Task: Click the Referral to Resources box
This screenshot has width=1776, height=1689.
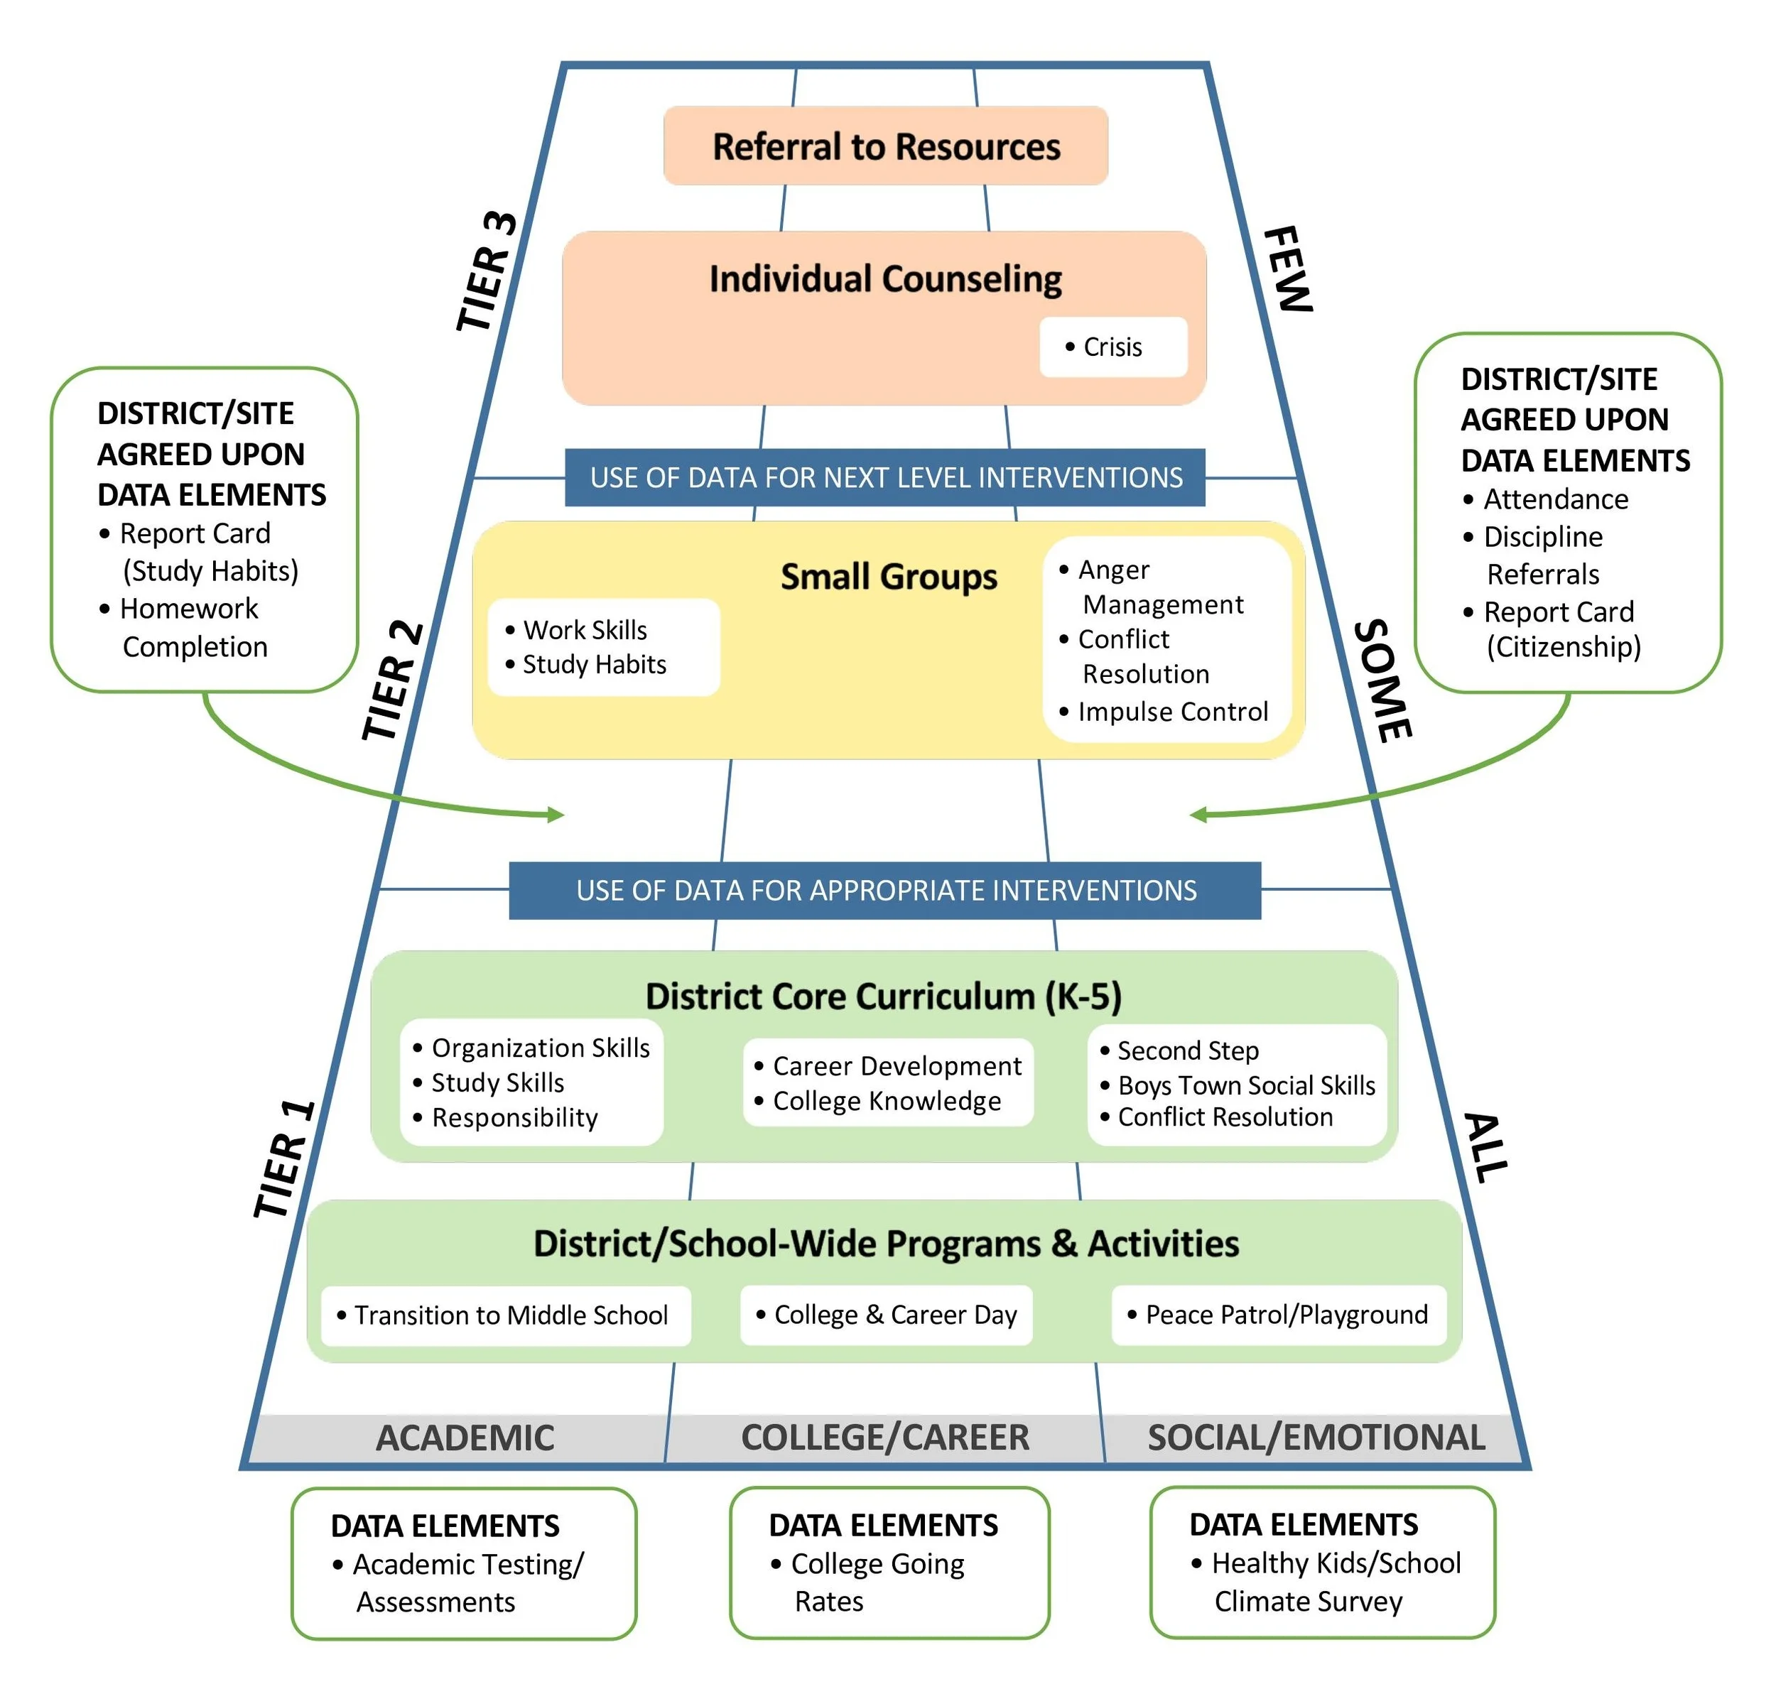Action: pos(885,146)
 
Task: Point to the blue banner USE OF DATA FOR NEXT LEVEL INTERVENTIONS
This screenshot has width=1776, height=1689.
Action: pos(885,477)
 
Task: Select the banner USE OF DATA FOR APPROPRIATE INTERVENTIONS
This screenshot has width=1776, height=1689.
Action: pos(885,891)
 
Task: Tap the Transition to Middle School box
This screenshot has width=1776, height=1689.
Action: pos(510,1315)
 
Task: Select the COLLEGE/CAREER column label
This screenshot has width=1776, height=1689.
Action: pos(884,1438)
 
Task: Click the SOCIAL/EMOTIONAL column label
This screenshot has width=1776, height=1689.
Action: pos(1316,1438)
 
